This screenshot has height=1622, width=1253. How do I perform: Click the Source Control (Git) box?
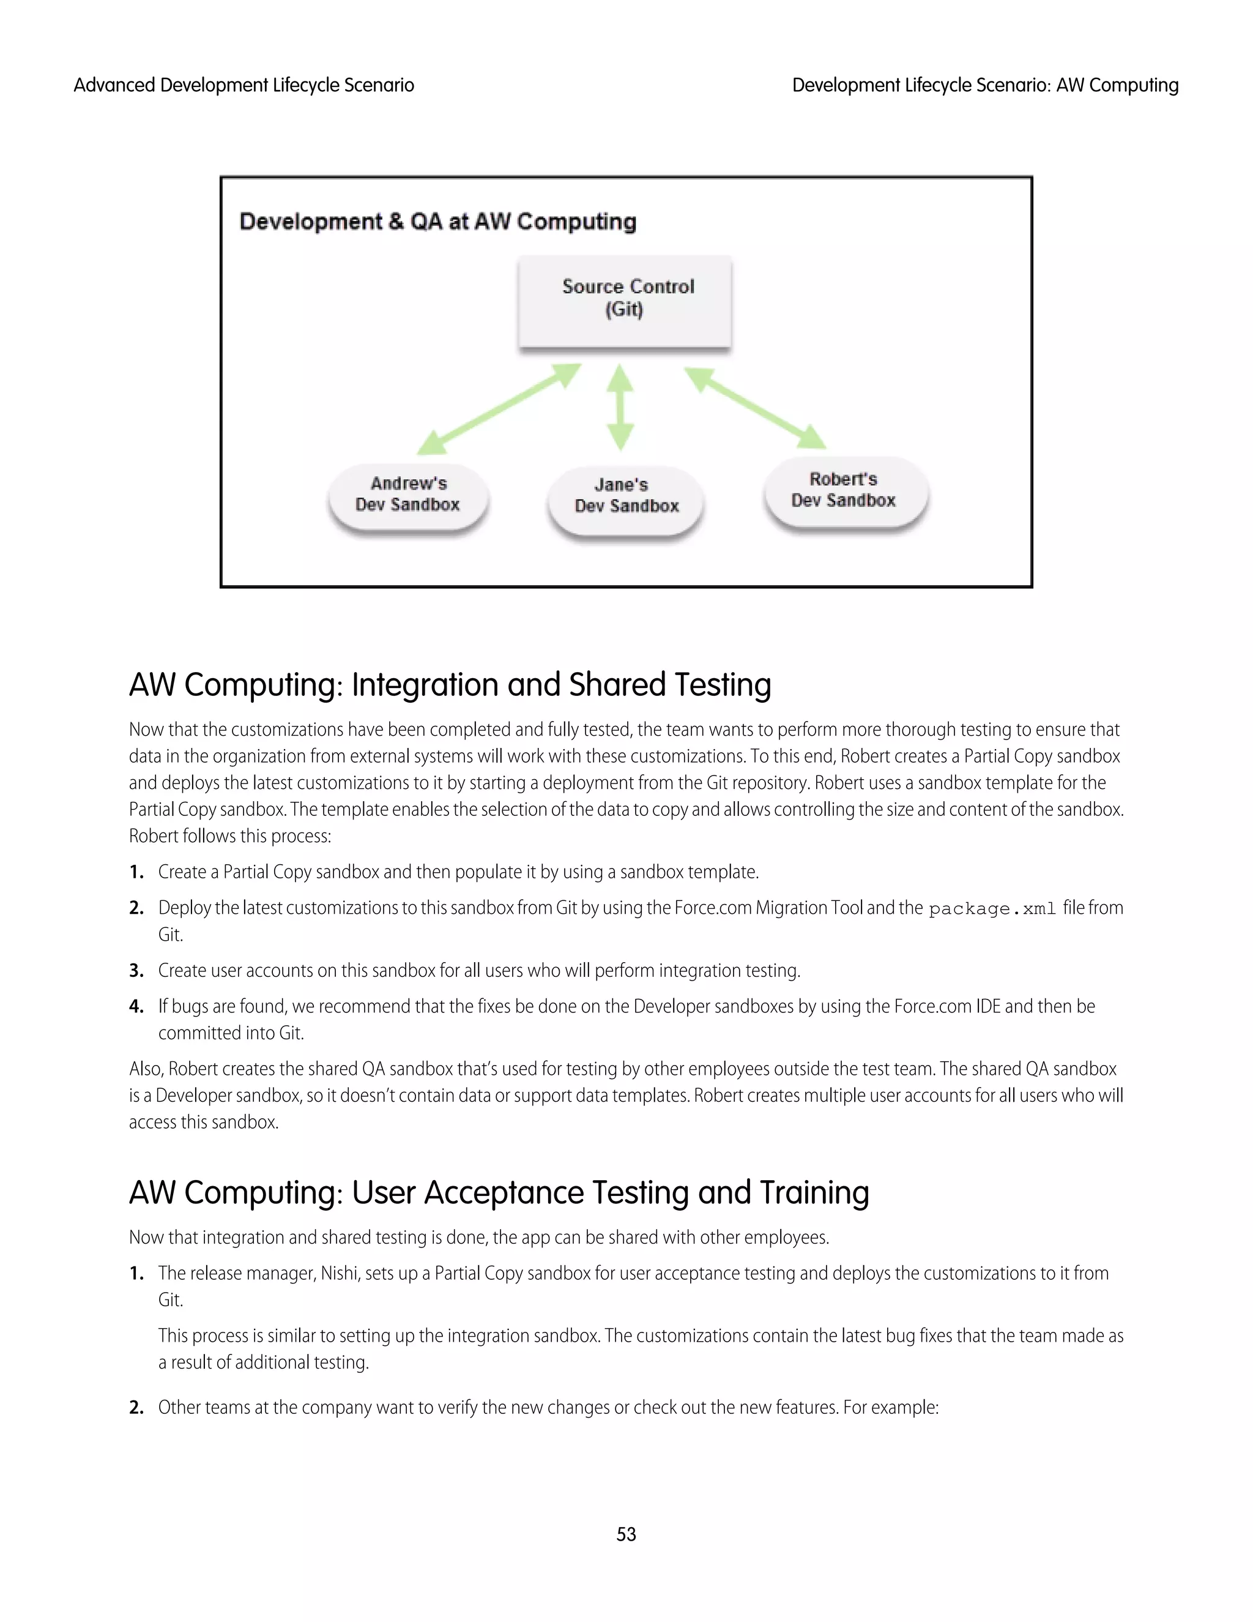[625, 300]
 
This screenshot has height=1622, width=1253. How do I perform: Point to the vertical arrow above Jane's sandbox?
[620, 407]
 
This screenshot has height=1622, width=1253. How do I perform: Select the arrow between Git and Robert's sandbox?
[754, 407]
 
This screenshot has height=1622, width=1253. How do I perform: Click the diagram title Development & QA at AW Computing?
[438, 222]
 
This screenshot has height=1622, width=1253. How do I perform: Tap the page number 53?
[626, 1534]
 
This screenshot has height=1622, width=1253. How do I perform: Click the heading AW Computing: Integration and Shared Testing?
[450, 685]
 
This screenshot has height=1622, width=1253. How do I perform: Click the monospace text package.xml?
[992, 909]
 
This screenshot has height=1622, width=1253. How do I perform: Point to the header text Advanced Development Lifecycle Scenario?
[244, 86]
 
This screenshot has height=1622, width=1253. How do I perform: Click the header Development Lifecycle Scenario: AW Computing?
[985, 86]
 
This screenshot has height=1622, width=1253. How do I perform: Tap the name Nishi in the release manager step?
[339, 1274]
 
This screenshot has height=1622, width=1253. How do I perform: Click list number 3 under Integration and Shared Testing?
[136, 971]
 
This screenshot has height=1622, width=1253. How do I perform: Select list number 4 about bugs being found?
[136, 1006]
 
